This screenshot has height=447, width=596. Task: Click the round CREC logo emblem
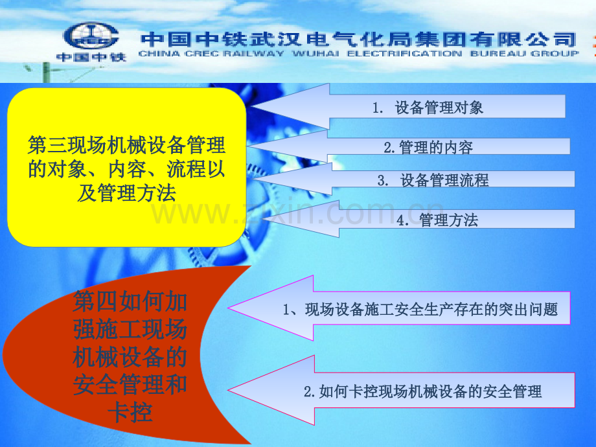tap(91, 36)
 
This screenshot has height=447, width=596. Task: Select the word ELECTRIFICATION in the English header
tap(404, 54)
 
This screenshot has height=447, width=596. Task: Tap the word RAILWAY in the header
tap(253, 54)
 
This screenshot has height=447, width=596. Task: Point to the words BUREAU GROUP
tap(524, 54)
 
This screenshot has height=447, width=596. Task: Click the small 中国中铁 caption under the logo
tap(91, 57)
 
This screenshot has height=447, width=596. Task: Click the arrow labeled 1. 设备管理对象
tap(407, 106)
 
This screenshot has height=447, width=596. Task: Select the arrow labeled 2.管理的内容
tap(408, 146)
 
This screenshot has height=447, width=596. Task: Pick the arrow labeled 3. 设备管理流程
tap(413, 179)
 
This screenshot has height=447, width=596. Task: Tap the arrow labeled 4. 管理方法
tap(418, 219)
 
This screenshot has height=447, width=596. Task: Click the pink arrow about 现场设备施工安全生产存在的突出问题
tap(398, 308)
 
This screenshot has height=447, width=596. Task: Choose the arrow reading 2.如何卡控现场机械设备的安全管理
tap(401, 390)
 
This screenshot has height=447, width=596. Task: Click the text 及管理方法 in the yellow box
tap(126, 192)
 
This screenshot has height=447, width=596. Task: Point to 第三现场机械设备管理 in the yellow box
tap(126, 145)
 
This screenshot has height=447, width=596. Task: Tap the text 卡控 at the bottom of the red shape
tap(130, 413)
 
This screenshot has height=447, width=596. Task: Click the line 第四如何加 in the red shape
tap(130, 301)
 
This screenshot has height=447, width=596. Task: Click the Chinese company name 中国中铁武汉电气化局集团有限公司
tap(358, 40)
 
